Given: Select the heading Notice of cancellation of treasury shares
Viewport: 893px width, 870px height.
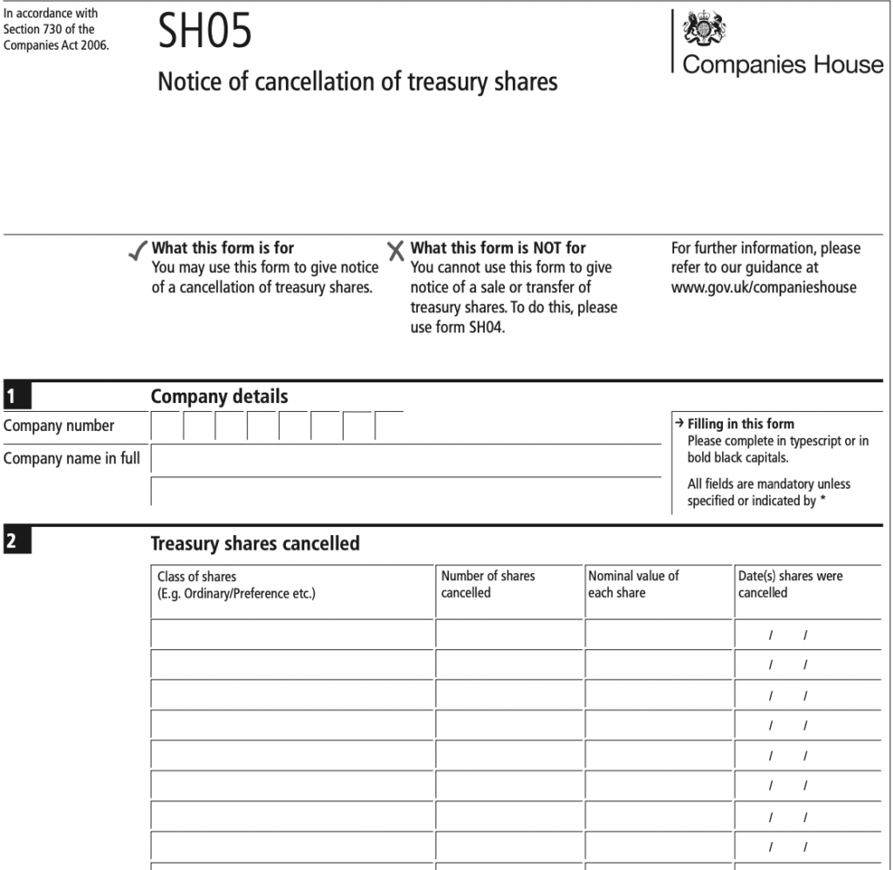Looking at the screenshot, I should click(357, 82).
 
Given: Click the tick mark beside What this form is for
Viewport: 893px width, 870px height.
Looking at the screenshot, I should click(138, 252).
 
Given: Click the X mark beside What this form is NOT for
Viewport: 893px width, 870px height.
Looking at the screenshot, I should click(396, 251).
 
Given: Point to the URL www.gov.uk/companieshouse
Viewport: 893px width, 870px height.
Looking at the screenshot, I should click(763, 287).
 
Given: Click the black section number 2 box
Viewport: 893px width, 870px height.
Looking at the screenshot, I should click(17, 542).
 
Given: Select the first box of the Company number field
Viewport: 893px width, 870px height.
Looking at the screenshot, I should click(167, 427).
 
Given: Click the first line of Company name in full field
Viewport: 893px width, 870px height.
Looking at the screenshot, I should click(406, 459).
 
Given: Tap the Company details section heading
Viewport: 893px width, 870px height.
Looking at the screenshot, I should click(219, 397).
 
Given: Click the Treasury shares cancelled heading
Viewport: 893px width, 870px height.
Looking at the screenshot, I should click(255, 544).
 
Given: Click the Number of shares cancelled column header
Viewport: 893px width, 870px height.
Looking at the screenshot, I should click(487, 584).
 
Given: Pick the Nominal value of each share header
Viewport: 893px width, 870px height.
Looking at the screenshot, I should click(633, 584).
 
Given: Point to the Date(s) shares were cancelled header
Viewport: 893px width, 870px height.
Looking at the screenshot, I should click(790, 584).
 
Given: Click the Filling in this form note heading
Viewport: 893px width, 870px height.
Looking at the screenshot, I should click(740, 424).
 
